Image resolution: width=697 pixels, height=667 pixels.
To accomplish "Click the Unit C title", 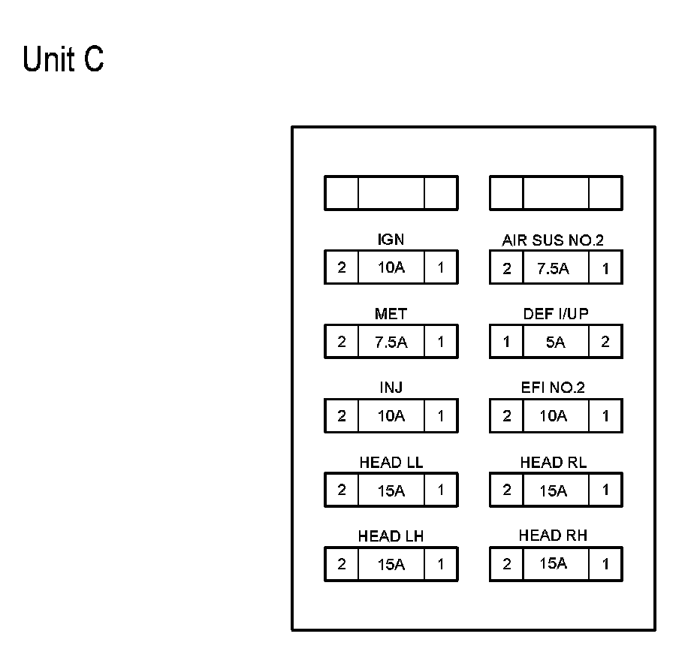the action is click(63, 59).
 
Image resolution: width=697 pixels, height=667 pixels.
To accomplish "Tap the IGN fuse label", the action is click(391, 240).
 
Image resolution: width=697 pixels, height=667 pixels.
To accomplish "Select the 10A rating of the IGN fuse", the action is click(391, 267).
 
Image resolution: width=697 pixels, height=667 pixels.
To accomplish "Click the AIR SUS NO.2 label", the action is click(553, 240).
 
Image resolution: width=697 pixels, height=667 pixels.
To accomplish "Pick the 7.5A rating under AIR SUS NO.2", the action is click(553, 269).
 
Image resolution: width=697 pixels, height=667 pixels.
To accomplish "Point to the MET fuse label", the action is click(391, 314).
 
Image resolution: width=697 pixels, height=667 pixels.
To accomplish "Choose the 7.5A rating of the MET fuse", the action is click(391, 342).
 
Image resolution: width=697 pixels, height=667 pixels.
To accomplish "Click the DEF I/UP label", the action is click(556, 314).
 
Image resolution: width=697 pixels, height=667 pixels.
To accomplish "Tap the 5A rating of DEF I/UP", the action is click(556, 342).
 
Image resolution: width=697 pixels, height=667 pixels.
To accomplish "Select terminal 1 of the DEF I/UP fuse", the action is click(506, 342).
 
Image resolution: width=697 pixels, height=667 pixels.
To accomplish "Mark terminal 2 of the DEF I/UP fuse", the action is click(605, 342).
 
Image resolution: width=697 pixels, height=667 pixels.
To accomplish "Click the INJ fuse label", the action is click(391, 388).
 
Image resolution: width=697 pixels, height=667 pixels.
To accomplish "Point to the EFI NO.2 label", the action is click(553, 388).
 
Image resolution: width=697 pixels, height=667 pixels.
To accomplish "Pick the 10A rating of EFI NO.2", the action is click(554, 416).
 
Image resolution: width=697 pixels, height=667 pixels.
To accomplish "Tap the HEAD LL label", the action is click(391, 463).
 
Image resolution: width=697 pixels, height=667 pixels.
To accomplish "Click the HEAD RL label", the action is click(554, 463).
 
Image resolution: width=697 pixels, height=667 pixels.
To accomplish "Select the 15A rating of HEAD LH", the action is click(391, 564).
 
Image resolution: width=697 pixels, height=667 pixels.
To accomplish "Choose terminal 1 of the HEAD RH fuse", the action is click(605, 564).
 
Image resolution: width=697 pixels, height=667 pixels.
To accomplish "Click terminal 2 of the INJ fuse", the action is click(342, 416).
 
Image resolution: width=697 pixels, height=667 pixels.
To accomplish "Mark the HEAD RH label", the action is click(553, 536).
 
